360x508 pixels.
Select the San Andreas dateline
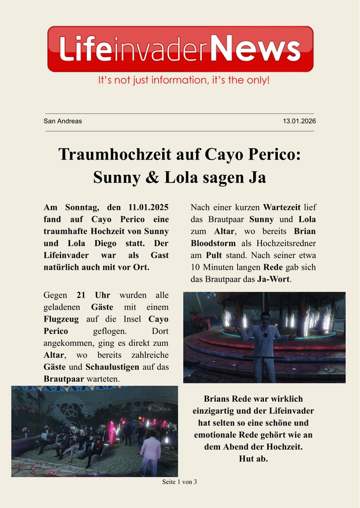[x=62, y=121]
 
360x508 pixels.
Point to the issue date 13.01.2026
[x=299, y=121]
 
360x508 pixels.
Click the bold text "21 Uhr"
[x=90, y=296]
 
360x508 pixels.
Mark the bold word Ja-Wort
[x=273, y=279]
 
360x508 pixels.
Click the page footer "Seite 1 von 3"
[x=180, y=482]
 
